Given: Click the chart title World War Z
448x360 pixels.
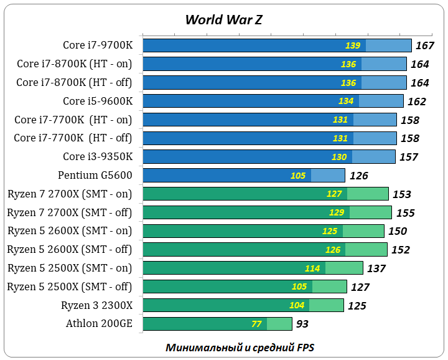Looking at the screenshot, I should [223, 19].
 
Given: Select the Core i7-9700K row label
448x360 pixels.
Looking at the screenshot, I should [97, 45].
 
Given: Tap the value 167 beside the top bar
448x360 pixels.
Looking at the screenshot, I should [424, 45].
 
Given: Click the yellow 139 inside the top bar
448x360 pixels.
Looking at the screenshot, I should [352, 45].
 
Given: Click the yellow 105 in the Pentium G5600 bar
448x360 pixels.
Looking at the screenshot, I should [298, 176].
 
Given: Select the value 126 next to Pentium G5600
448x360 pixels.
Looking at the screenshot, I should [358, 176].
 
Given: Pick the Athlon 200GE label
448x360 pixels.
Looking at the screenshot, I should [99, 323].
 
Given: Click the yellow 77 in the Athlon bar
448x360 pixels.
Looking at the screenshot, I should [256, 324].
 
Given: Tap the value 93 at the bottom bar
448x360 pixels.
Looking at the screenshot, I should [302, 324].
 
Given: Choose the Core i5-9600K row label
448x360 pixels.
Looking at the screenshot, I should [97, 101].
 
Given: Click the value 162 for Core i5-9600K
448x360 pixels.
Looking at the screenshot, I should [416, 102].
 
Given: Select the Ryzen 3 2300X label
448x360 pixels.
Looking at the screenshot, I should [96, 305].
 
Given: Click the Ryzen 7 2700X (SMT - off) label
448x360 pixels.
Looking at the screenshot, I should [70, 212].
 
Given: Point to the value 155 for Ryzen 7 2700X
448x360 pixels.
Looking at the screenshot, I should [405, 213].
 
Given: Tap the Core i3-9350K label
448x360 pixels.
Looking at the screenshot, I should [97, 156].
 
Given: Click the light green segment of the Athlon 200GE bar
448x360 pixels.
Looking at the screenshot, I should [279, 324].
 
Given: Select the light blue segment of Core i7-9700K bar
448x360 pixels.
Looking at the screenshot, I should [388, 45].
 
